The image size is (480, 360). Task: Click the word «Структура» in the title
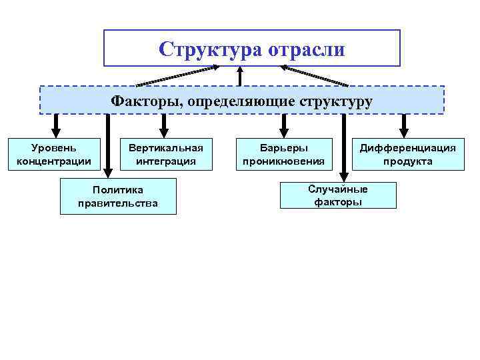pyautogui.click(x=212, y=49)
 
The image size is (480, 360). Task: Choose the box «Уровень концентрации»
pyautogui.click(x=54, y=154)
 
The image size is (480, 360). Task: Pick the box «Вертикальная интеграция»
pyautogui.click(x=166, y=154)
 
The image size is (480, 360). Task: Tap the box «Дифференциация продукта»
pyautogui.click(x=408, y=154)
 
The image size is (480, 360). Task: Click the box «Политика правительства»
pyautogui.click(x=118, y=197)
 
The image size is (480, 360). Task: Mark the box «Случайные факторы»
pyautogui.click(x=338, y=195)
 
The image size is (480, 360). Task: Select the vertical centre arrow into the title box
pyautogui.click(x=250, y=75)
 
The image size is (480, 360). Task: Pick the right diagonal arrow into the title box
pyautogui.click(x=315, y=75)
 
